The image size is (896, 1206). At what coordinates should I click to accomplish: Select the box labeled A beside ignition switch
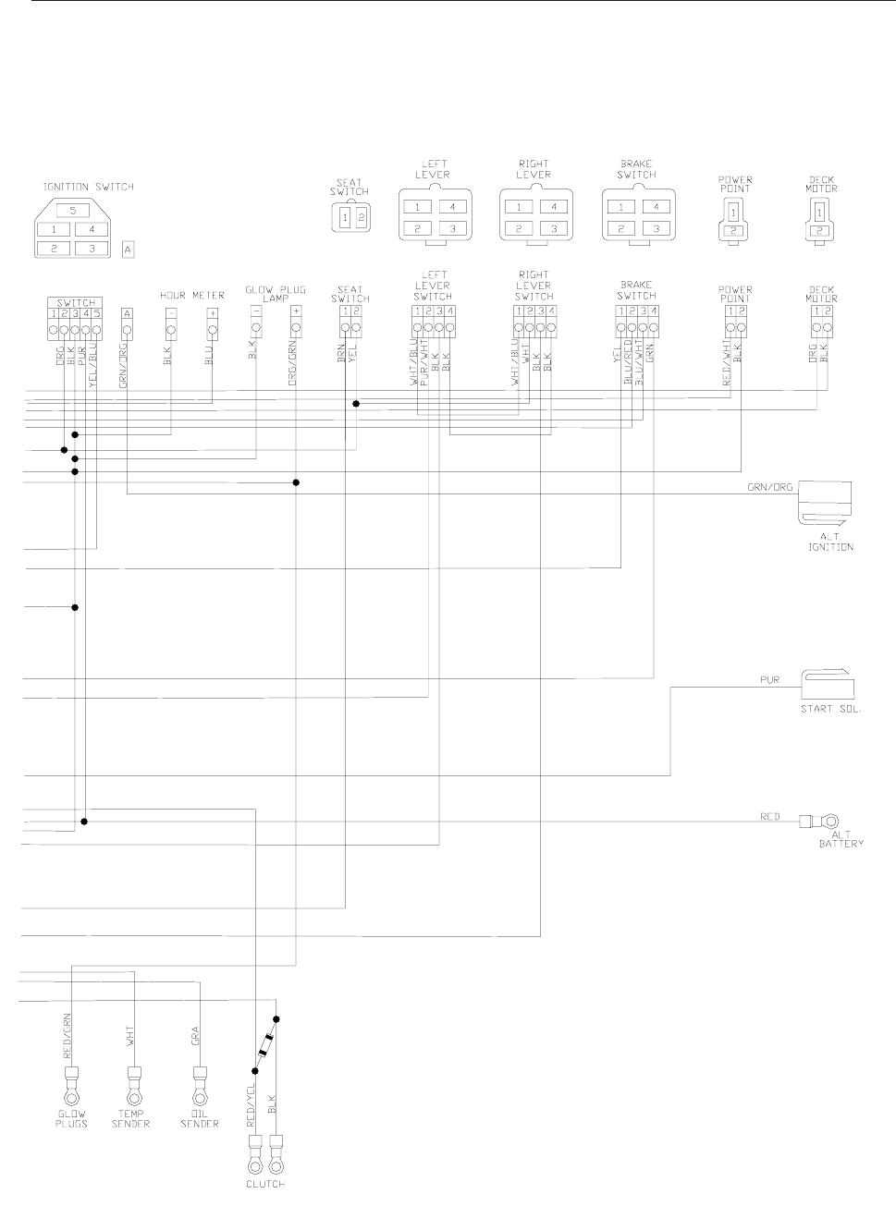coord(128,249)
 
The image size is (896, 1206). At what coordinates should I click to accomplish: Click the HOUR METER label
coord(192,296)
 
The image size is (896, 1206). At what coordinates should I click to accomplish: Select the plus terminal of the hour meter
coord(213,313)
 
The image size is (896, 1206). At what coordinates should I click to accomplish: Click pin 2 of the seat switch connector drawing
coord(362,218)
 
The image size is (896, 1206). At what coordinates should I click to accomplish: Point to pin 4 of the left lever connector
coord(451,207)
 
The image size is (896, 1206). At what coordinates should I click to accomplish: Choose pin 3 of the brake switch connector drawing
coord(655,228)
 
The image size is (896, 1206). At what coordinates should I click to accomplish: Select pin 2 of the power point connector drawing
coord(734,230)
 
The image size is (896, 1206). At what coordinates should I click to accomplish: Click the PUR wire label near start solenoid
coord(769,680)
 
